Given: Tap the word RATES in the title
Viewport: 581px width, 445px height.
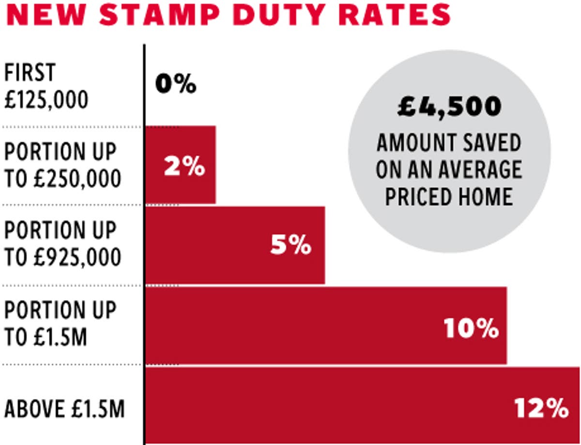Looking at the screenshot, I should tap(393, 15).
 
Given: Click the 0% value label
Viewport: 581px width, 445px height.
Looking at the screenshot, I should tap(176, 85).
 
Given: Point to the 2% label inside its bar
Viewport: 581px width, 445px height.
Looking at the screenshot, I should tap(184, 167).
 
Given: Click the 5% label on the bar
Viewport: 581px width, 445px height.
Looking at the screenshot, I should tap(290, 246).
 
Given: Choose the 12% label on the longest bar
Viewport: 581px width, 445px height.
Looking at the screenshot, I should tap(541, 408).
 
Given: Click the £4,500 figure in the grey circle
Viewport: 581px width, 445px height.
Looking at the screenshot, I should tap(449, 107).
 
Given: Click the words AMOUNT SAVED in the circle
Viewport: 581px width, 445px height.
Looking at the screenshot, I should tap(449, 143).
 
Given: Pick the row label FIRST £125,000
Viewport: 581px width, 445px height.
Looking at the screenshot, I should tap(46, 87).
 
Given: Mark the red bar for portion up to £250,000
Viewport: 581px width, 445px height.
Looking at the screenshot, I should tap(180, 165).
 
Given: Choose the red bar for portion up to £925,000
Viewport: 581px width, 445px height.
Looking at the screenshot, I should tap(235, 245).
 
